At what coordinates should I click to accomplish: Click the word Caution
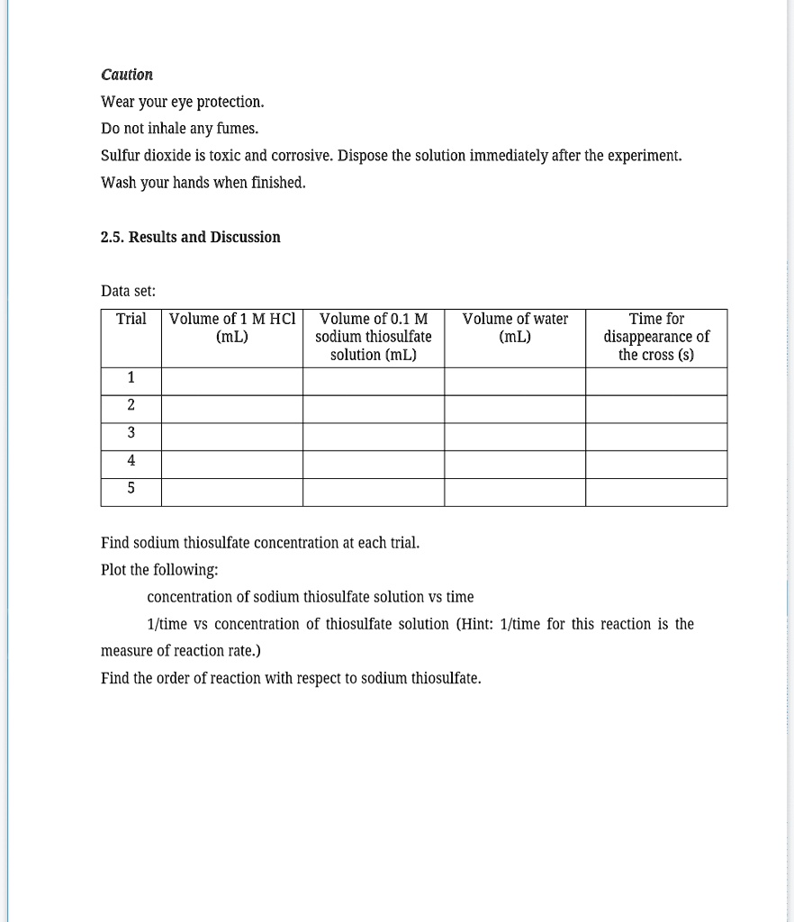(x=127, y=75)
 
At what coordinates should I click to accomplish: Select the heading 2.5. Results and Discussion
(x=191, y=237)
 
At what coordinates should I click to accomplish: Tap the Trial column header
(x=131, y=319)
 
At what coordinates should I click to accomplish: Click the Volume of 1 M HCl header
(x=232, y=328)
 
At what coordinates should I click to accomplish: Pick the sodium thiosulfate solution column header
(x=374, y=337)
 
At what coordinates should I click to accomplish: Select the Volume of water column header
(x=515, y=328)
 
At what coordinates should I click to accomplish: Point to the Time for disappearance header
(x=656, y=337)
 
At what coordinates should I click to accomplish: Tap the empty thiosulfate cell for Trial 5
(x=374, y=492)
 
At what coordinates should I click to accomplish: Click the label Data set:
(x=129, y=291)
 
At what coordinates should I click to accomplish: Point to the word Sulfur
(x=120, y=156)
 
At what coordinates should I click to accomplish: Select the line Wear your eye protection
(x=183, y=102)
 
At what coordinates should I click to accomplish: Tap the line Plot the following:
(x=159, y=570)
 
